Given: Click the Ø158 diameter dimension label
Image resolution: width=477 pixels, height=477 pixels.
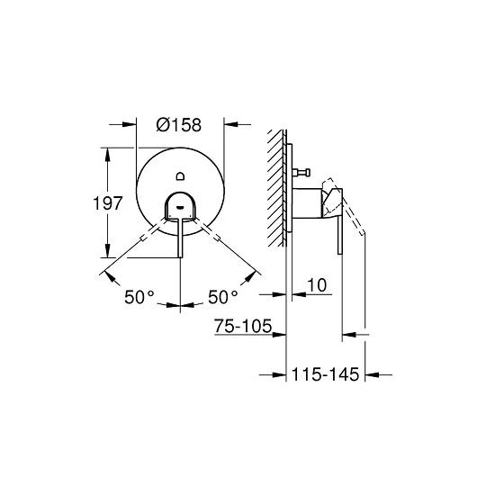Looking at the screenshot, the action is tap(179, 125).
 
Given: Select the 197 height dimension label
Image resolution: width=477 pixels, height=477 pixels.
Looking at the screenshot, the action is tap(108, 203).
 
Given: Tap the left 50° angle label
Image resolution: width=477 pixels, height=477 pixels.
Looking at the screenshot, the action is tap(139, 297).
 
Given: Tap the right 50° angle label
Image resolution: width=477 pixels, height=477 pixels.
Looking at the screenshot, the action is tap(223, 297).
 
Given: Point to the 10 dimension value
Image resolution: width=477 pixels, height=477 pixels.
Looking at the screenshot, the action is tap(317, 285).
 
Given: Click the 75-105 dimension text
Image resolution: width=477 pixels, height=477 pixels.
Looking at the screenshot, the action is tap(243, 326).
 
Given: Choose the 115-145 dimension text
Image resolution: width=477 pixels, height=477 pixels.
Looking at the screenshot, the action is tap(325, 374).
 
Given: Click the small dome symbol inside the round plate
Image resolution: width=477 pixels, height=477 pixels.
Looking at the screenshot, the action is tap(180, 175).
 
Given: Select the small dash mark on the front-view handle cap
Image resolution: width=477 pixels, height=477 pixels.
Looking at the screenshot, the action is tap(180, 208).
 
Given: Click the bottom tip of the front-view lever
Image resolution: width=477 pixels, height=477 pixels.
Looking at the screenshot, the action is tap(180, 257).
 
